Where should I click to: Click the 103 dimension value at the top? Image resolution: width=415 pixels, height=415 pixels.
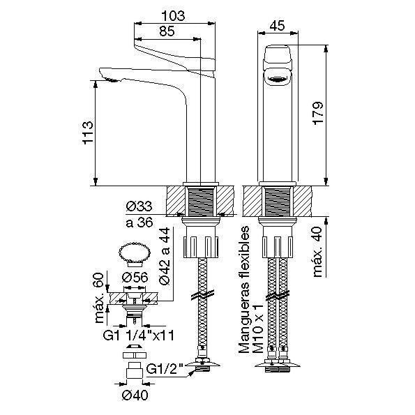tap(174, 16)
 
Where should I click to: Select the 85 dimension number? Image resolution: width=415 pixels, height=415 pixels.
tap(167, 31)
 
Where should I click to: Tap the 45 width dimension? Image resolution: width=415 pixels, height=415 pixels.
tap(278, 26)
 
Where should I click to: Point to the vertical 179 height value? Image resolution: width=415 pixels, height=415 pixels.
tap(318, 113)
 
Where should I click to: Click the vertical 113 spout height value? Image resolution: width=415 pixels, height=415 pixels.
tap(88, 133)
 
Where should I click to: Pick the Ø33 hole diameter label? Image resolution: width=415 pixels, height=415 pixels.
tap(139, 206)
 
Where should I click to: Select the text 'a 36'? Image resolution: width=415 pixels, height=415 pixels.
tap(139, 222)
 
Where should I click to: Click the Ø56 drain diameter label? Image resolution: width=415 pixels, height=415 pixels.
tap(135, 278)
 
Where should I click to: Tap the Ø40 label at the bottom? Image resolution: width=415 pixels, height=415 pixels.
tap(135, 395)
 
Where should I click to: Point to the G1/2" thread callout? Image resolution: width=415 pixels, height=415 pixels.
tap(165, 370)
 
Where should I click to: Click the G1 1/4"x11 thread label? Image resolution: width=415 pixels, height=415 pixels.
tap(139, 335)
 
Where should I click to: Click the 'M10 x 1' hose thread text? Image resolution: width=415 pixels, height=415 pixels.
tap(258, 329)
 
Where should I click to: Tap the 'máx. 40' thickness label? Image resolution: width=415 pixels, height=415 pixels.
tap(318, 252)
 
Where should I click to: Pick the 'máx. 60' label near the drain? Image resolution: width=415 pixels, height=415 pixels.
tap(99, 299)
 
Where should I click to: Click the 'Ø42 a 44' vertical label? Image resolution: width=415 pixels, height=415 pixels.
tap(165, 256)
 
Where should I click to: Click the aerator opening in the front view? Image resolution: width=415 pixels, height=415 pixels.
tap(278, 79)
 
